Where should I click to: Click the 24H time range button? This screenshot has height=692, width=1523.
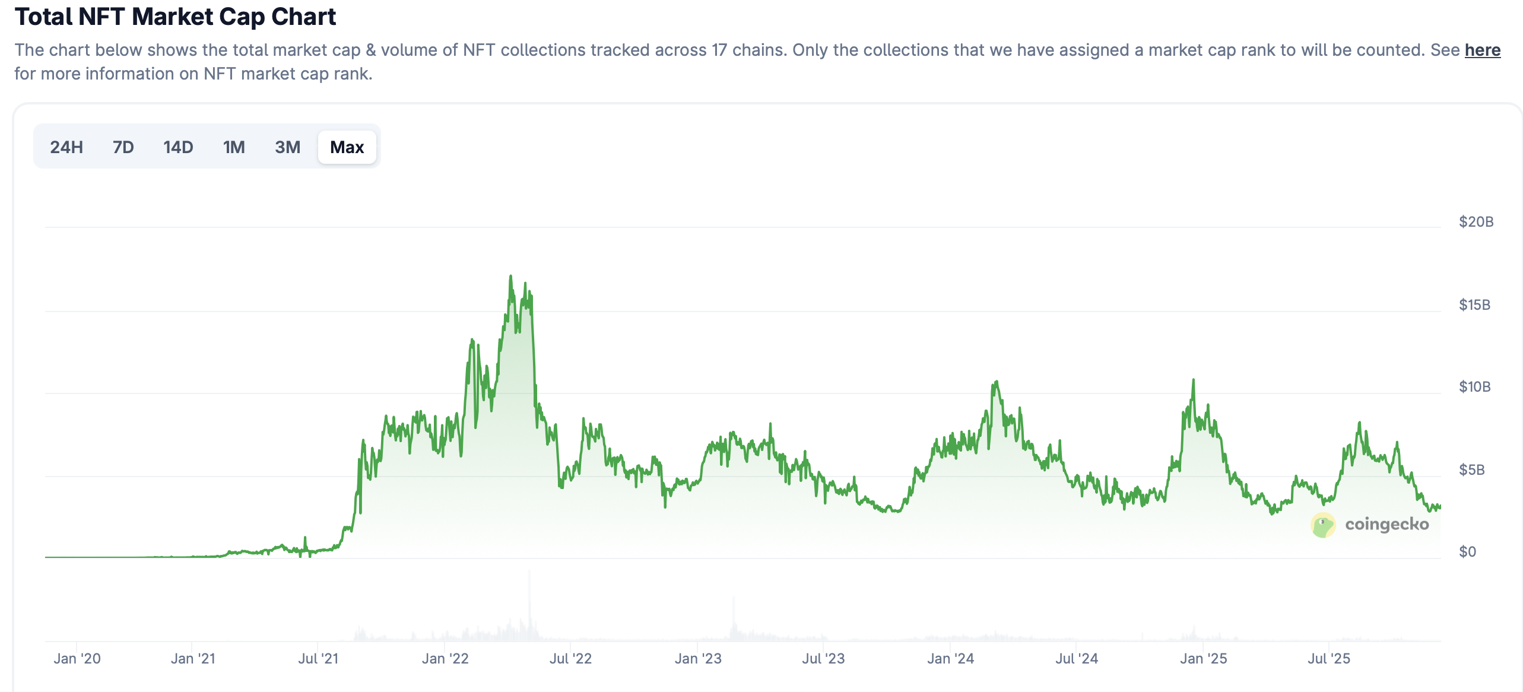click(x=66, y=147)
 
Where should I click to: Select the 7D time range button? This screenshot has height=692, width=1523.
click(x=123, y=147)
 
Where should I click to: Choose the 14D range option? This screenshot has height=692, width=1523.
click(x=178, y=147)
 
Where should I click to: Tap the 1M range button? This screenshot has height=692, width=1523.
click(x=234, y=147)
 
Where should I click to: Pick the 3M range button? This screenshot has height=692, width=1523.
click(x=288, y=147)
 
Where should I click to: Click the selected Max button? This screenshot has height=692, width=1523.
click(x=347, y=147)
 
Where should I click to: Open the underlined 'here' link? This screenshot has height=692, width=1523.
click(x=1482, y=50)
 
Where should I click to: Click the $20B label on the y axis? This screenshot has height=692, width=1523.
click(x=1476, y=222)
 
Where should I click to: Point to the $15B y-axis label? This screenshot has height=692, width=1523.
click(x=1475, y=305)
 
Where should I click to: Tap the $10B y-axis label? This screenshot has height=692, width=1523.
click(x=1475, y=387)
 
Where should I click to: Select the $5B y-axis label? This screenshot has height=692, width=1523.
click(x=1472, y=470)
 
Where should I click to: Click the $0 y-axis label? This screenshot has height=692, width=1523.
click(x=1468, y=552)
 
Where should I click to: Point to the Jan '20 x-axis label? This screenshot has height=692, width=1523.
click(x=77, y=659)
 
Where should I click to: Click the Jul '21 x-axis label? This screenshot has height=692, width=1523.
click(x=318, y=659)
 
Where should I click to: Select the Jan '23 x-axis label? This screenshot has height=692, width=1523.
click(x=698, y=659)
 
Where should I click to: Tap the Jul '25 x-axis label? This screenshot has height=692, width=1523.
click(x=1329, y=659)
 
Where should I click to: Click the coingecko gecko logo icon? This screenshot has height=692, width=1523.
click(x=1323, y=525)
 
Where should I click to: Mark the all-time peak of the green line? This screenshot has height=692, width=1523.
click(x=510, y=277)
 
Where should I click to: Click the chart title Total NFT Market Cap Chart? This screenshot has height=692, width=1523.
click(x=176, y=17)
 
